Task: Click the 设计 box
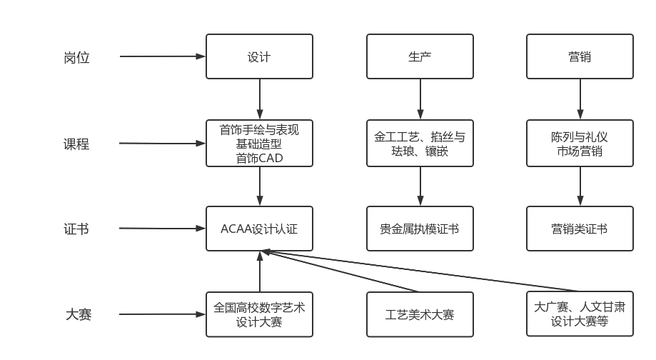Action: click(x=259, y=56)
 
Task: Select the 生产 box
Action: click(x=420, y=56)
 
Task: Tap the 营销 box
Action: click(x=580, y=56)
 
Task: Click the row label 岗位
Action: click(x=76, y=57)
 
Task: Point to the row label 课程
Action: click(x=76, y=144)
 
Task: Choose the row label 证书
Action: click(x=76, y=229)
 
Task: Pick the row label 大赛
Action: click(x=79, y=314)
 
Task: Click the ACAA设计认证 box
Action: click(x=259, y=229)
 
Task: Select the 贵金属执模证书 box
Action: click(x=420, y=229)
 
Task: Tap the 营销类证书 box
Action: click(x=580, y=229)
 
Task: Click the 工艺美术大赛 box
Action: click(x=420, y=314)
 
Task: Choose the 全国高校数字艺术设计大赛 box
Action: click(x=259, y=314)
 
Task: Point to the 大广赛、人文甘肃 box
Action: click(x=580, y=314)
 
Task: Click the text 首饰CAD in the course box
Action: click(x=259, y=159)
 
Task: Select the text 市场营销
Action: click(x=580, y=151)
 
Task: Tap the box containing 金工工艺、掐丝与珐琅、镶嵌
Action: click(x=420, y=143)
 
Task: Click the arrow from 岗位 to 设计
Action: click(x=163, y=56)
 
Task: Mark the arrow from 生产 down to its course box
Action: click(x=420, y=99)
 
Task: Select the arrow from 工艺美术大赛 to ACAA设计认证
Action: click(x=340, y=271)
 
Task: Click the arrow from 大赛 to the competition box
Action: click(x=162, y=314)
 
